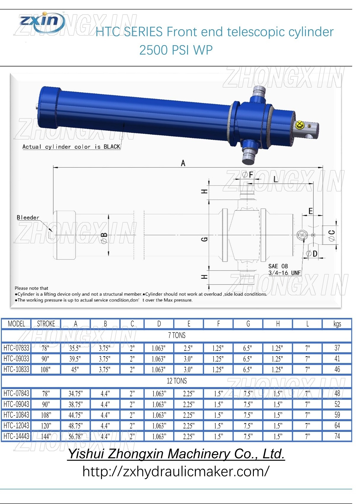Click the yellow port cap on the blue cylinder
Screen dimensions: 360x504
coord(299,124)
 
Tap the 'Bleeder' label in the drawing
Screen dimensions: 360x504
coord(28,217)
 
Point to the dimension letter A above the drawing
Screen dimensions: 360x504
coord(183,163)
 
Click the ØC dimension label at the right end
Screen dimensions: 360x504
coord(332,235)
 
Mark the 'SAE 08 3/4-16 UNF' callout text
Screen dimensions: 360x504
coord(284,270)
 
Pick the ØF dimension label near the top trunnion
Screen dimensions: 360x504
coord(248,175)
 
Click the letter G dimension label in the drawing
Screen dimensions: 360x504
coord(204,239)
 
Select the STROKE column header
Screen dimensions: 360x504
coord(46,324)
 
